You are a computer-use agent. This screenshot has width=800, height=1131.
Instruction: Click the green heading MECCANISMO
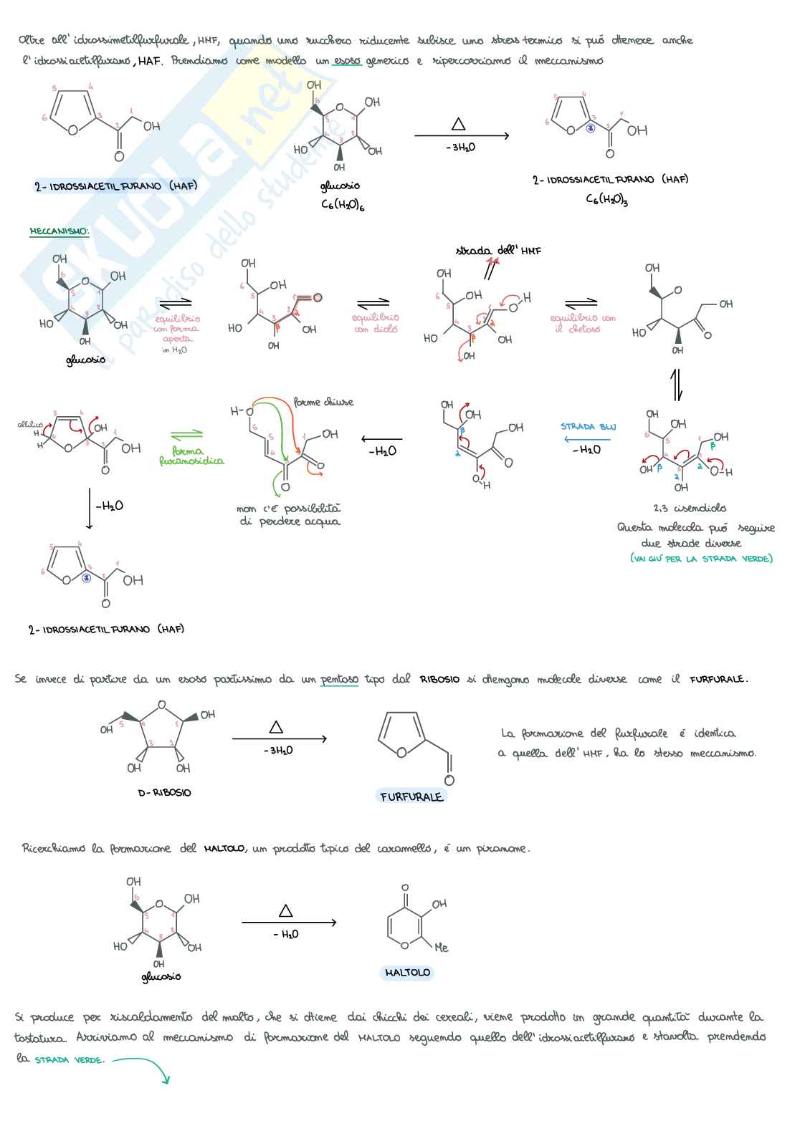coord(59,231)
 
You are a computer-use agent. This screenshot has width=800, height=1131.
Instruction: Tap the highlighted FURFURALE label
coord(411,796)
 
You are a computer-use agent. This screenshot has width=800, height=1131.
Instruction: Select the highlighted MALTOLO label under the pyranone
coord(407,973)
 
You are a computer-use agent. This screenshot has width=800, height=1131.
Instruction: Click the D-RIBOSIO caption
coord(164,793)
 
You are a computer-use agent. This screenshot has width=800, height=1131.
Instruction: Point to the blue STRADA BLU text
coord(588,427)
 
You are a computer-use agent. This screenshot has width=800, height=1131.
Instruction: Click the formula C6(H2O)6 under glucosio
coord(343,204)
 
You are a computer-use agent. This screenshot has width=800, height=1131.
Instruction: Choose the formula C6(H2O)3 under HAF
coord(606,199)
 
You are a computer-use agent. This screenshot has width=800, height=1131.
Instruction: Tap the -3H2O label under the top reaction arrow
coord(460,148)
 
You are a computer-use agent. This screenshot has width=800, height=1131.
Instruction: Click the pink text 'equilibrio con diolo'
coord(375,323)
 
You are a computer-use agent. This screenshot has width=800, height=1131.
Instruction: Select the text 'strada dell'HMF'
coord(498,251)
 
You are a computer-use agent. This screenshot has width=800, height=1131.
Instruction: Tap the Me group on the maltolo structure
coord(441,948)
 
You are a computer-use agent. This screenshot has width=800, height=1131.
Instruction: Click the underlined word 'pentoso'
coord(339,679)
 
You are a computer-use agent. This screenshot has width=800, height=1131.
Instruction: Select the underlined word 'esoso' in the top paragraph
coord(347,61)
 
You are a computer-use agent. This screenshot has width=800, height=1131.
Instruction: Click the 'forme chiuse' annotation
coord(323,403)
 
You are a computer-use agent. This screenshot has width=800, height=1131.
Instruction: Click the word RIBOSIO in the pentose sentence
coord(439,679)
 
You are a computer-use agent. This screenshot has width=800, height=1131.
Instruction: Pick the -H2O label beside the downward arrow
coord(109,506)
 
